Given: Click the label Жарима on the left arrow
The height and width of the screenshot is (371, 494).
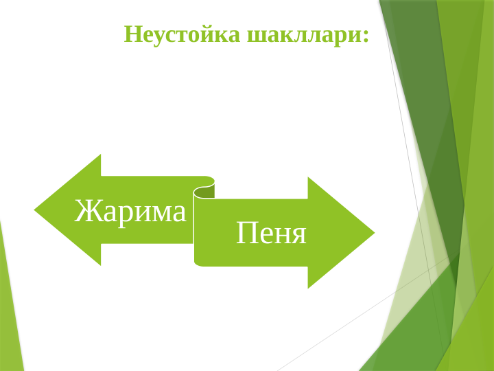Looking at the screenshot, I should click(x=130, y=211).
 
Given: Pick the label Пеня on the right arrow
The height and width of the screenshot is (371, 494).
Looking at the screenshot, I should click(x=271, y=233).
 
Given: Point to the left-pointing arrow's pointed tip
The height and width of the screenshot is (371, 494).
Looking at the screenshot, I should click(x=36, y=210).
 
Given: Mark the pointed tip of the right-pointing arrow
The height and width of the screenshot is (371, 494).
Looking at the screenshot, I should click(x=373, y=233).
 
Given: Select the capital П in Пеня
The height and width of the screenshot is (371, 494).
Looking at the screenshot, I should click(x=246, y=233).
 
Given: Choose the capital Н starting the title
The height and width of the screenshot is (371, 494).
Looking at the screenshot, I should click(x=132, y=34).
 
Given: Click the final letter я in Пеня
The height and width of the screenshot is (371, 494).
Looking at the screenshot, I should click(x=298, y=234).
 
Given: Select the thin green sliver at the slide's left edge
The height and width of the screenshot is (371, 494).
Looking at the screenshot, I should click(x=10, y=309).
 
